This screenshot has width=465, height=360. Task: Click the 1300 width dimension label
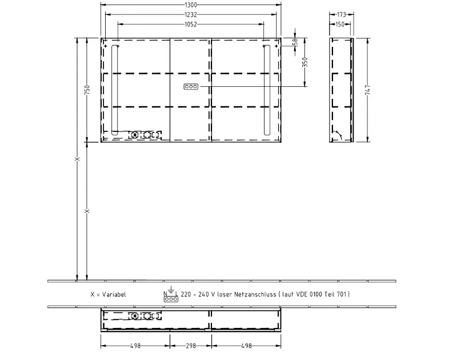coord(191,5)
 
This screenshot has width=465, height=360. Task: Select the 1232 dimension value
coord(191,14)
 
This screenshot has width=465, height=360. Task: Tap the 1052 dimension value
coord(191,25)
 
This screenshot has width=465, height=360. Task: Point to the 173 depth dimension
coord(342,14)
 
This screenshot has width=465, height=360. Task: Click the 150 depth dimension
coord(340,25)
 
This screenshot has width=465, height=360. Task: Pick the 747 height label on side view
coord(367,90)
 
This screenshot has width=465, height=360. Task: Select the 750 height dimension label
coord(87,90)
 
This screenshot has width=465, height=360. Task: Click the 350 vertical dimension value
coord(305,62)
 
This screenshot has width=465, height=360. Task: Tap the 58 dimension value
coord(295,42)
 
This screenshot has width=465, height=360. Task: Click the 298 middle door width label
coord(191,346)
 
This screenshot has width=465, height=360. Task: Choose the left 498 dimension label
coord(135,346)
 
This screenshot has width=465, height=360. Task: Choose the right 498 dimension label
coord(246,346)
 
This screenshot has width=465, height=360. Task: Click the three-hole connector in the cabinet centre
coord(191,87)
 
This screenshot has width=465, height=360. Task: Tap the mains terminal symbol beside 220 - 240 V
coord(171,294)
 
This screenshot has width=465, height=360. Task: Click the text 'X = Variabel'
coord(108,294)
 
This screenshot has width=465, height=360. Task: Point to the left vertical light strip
coord(115,90)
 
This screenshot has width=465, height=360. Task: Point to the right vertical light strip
coord(267,90)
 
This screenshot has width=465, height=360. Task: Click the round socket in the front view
coord(135,135)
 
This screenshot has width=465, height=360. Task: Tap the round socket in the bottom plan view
coord(135,316)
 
